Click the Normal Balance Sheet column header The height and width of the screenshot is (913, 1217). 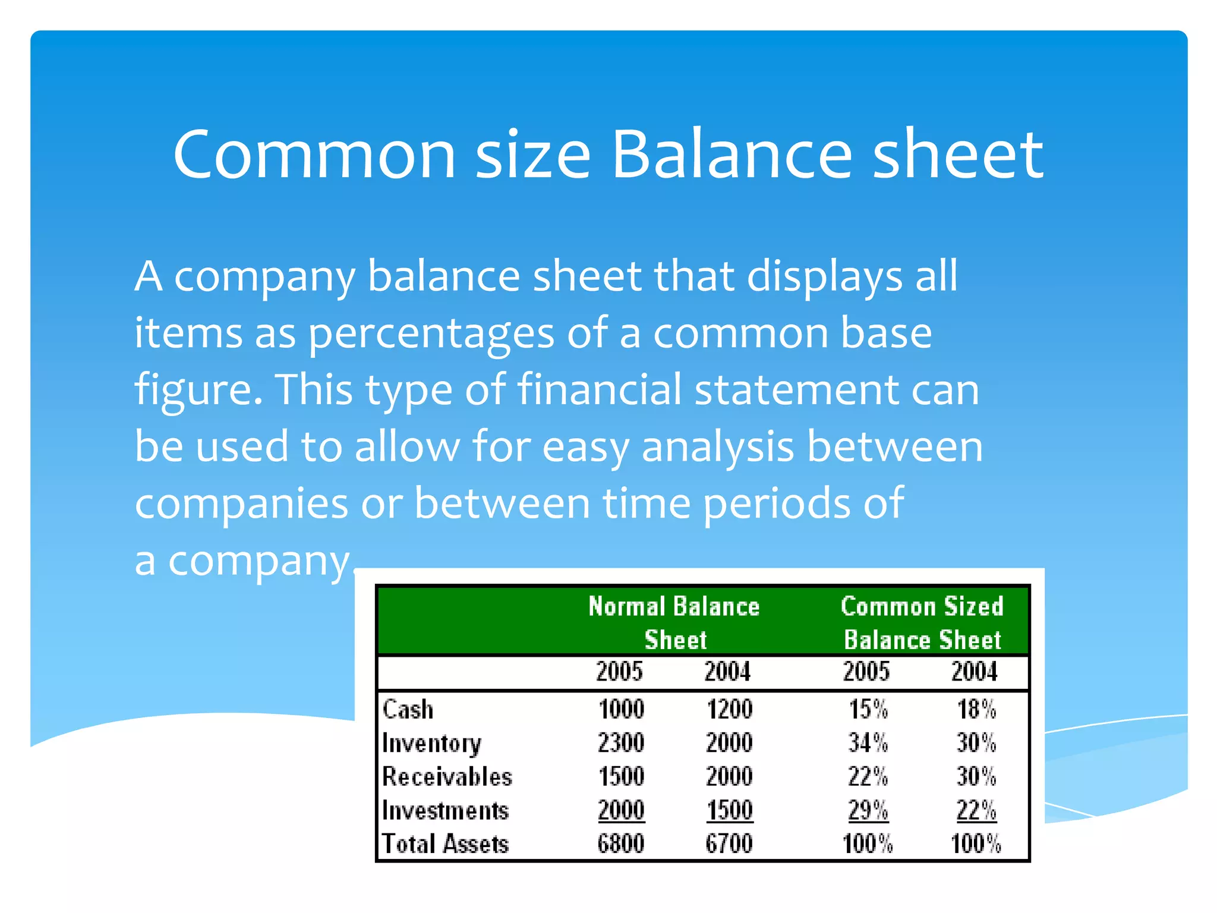(x=674, y=622)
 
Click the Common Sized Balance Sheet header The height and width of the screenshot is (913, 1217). (x=922, y=622)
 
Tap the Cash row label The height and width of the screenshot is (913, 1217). (x=408, y=709)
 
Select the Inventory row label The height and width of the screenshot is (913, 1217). (x=432, y=743)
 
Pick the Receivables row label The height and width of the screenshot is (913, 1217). (x=447, y=776)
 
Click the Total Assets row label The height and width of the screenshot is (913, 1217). (x=445, y=843)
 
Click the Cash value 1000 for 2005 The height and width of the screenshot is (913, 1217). (x=621, y=709)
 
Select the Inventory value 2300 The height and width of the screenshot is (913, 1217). (x=621, y=743)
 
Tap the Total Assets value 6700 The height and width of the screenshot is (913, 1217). (x=729, y=843)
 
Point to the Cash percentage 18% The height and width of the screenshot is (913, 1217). (x=976, y=709)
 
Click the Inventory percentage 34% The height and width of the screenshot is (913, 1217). (x=868, y=743)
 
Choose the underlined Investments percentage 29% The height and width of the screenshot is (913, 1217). (x=868, y=810)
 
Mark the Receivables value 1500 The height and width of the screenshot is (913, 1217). (x=621, y=776)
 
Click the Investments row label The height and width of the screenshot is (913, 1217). (x=445, y=810)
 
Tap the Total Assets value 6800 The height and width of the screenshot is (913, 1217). (x=621, y=843)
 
